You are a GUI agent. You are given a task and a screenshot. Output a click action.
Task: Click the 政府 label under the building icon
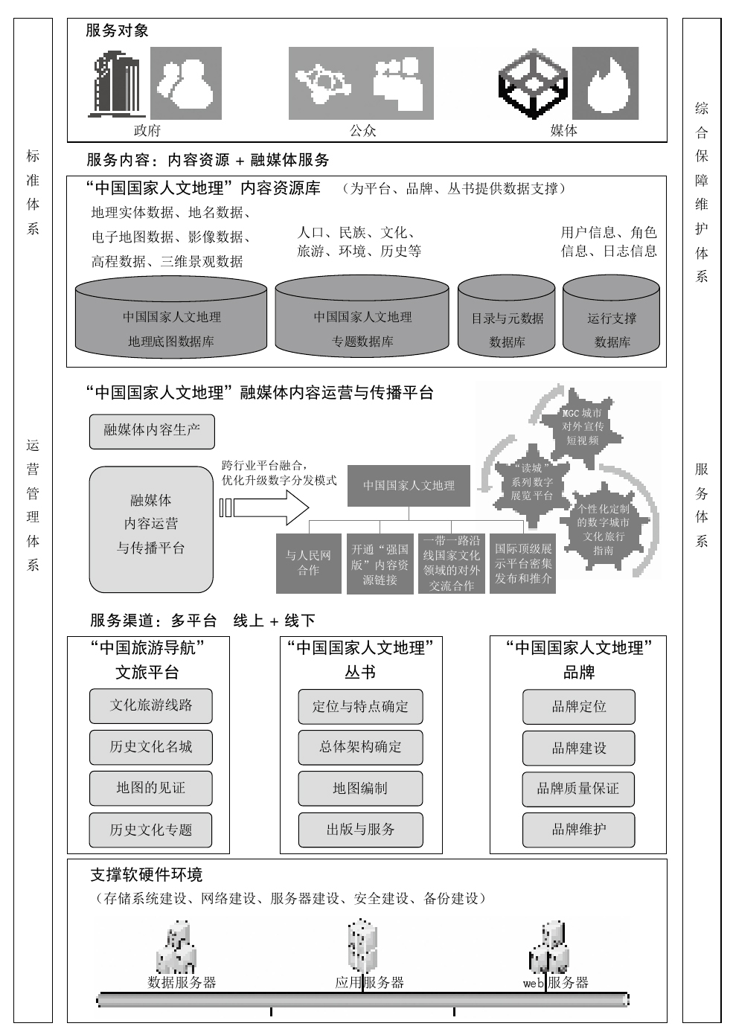(x=147, y=131)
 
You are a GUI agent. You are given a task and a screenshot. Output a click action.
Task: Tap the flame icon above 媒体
(x=605, y=83)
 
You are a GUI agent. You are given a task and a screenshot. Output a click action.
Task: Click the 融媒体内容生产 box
(x=152, y=431)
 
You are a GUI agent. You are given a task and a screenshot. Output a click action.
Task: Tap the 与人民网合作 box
(x=308, y=563)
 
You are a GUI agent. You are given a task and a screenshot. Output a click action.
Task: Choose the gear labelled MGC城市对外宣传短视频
(x=582, y=426)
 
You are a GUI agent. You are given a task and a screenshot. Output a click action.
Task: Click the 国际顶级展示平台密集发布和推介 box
(x=523, y=563)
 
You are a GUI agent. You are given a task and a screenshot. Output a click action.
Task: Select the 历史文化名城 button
(x=151, y=747)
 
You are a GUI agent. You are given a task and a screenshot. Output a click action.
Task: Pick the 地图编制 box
(x=360, y=789)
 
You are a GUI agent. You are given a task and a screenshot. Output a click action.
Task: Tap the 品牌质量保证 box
(x=578, y=789)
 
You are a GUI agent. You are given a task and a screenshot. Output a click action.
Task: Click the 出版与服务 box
(x=360, y=830)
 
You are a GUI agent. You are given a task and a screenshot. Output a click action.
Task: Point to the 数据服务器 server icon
(x=176, y=949)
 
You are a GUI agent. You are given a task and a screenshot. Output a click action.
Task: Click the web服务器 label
(x=556, y=983)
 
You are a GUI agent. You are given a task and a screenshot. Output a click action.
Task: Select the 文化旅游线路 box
(x=151, y=705)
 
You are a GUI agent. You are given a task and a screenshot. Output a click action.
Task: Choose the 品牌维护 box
(x=578, y=830)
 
